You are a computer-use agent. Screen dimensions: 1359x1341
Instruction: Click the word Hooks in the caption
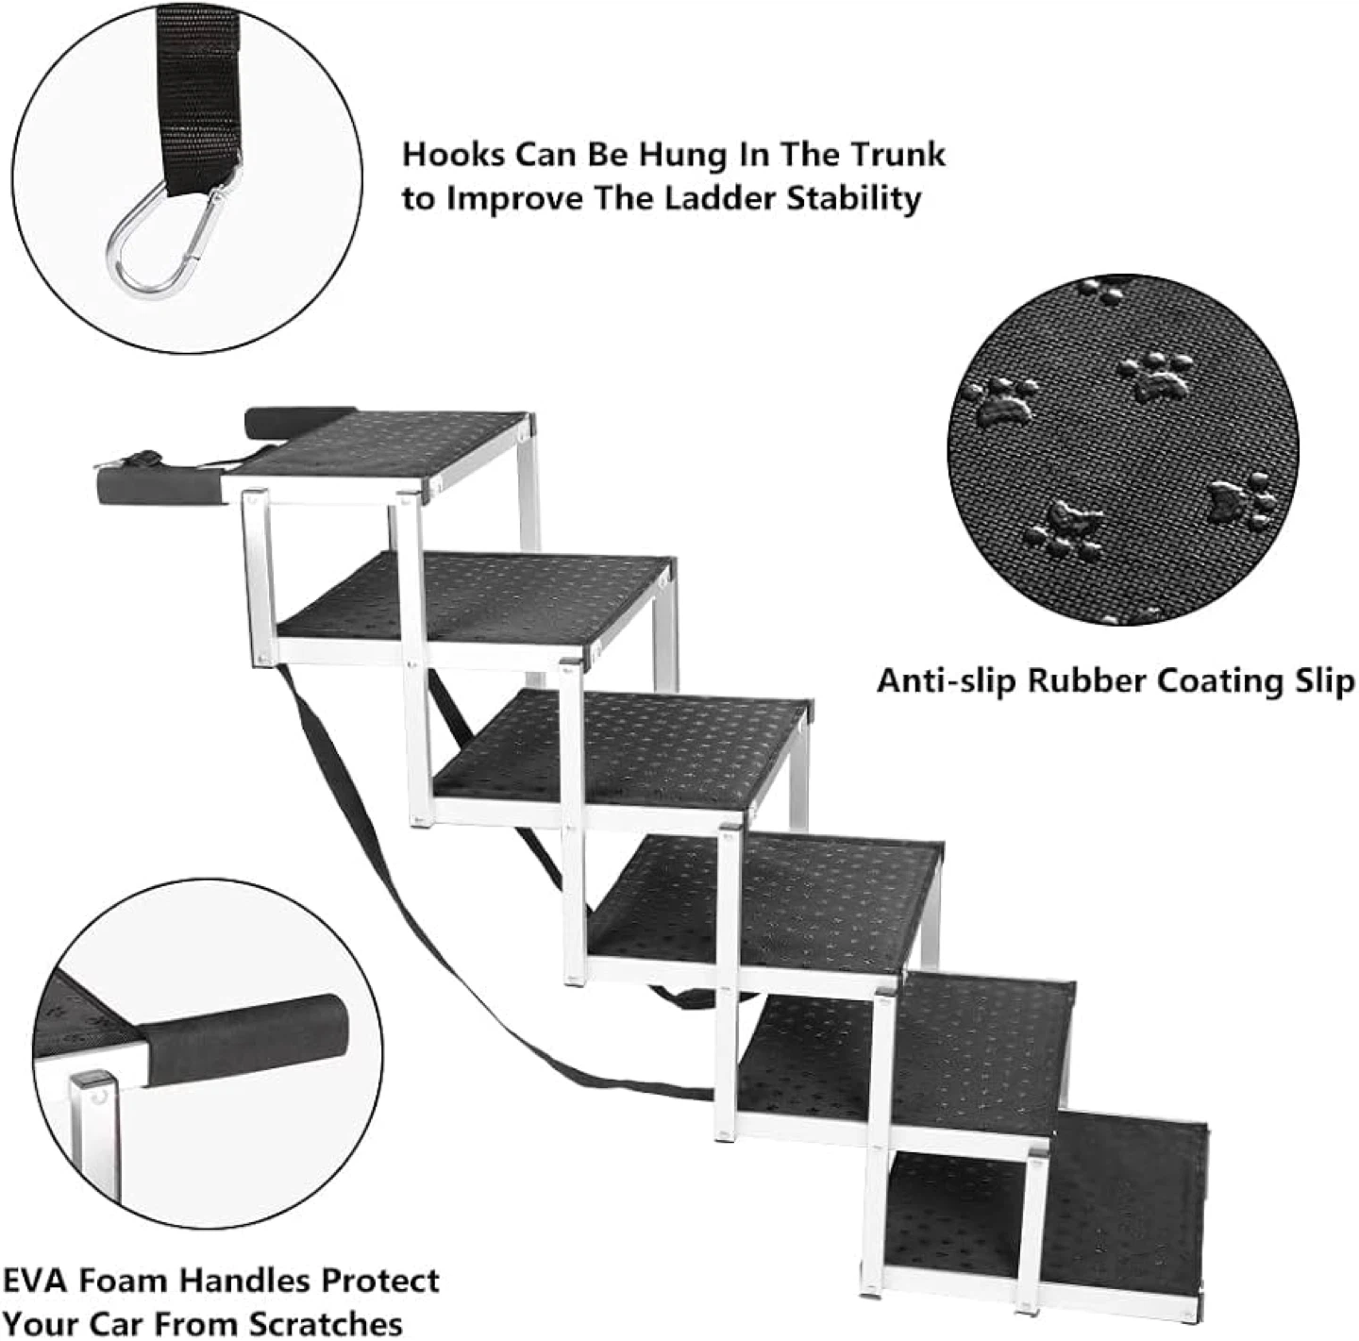click(x=453, y=155)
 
